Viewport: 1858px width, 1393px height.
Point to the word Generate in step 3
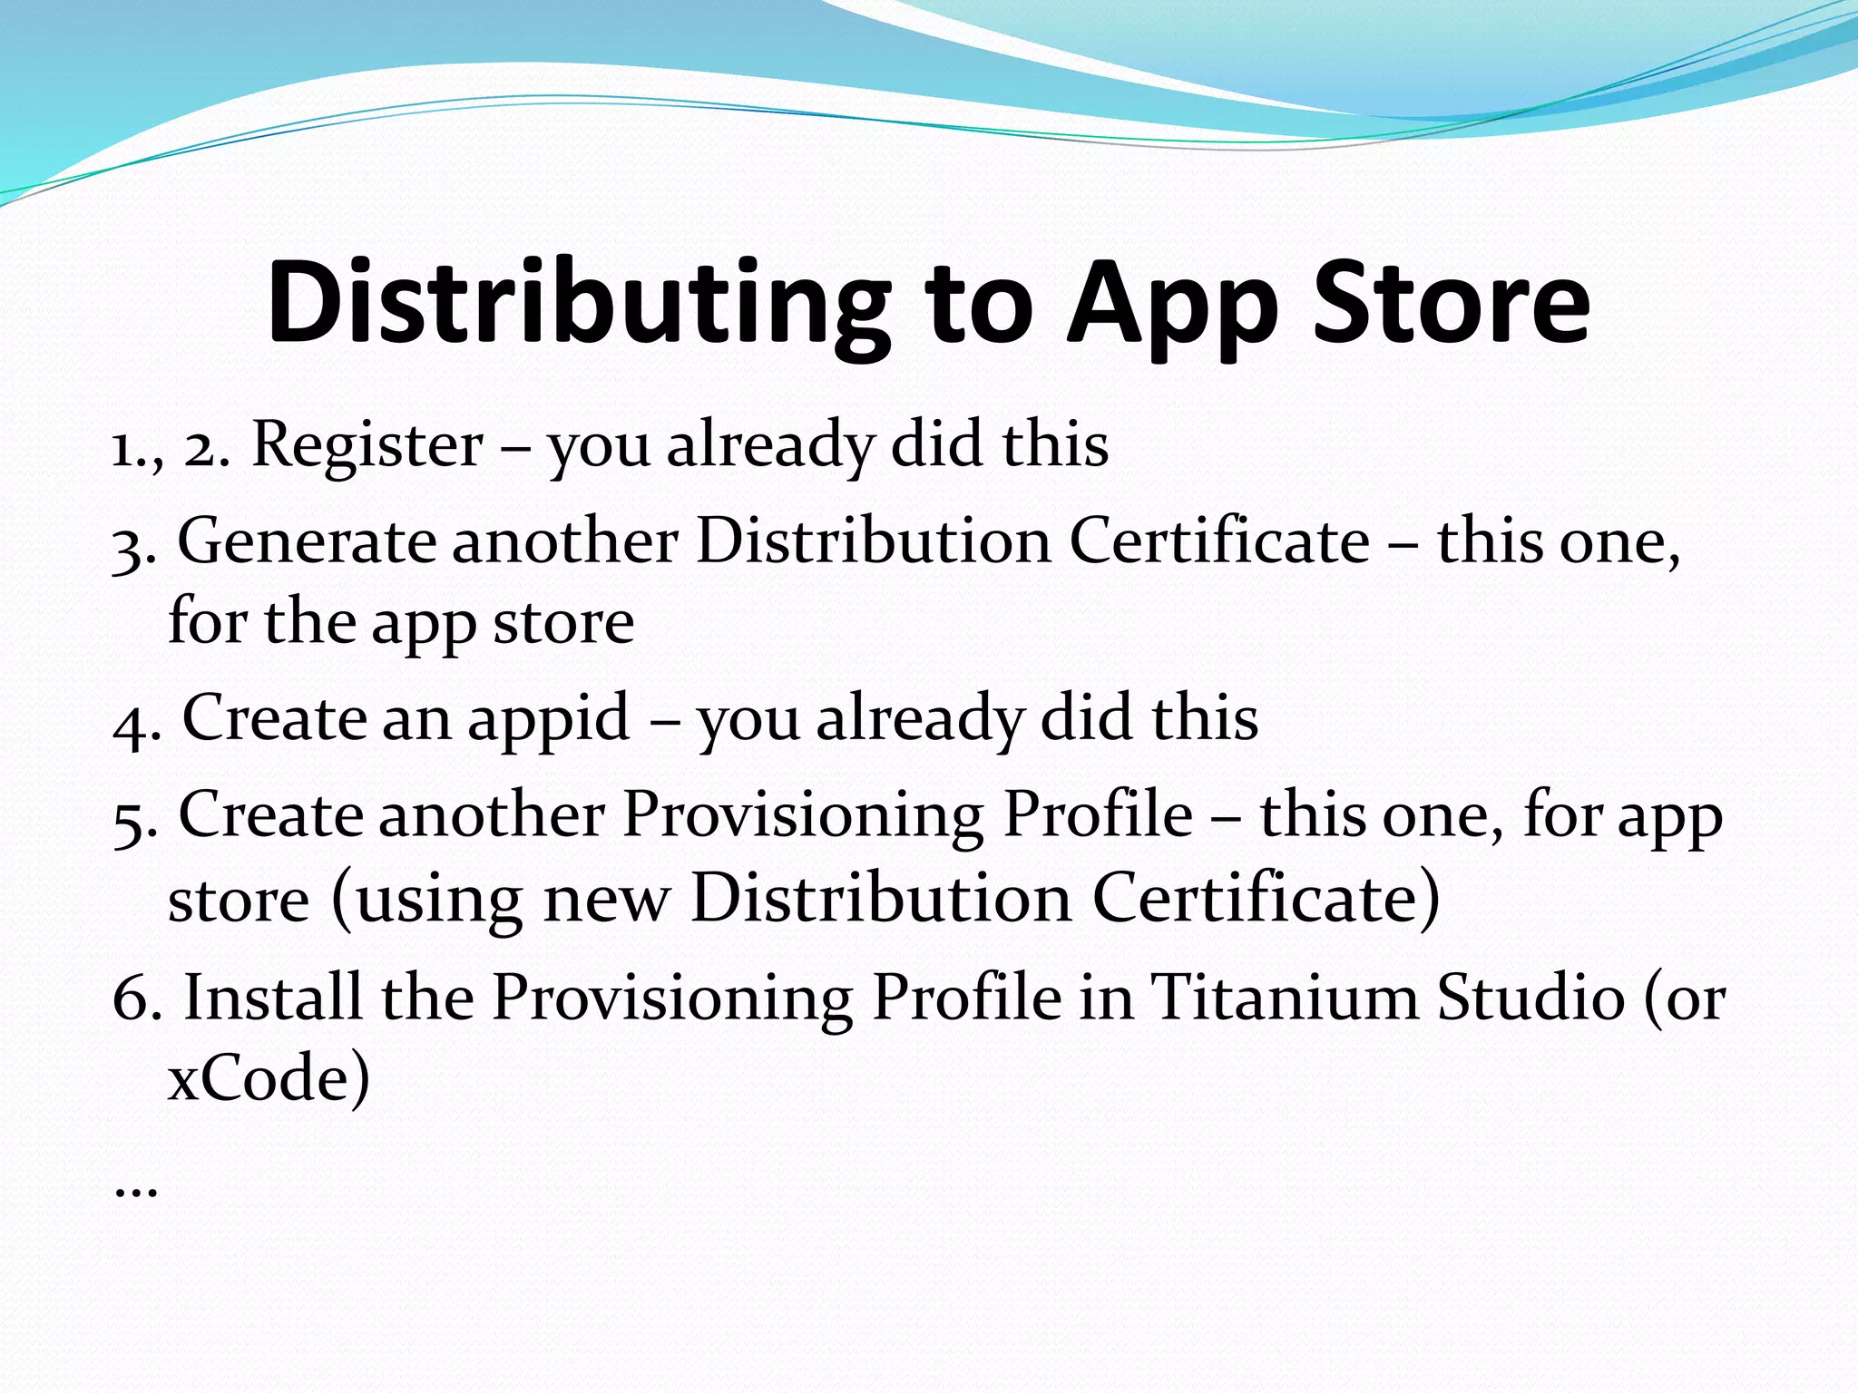[307, 542]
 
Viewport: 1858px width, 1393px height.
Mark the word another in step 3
[564, 542]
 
